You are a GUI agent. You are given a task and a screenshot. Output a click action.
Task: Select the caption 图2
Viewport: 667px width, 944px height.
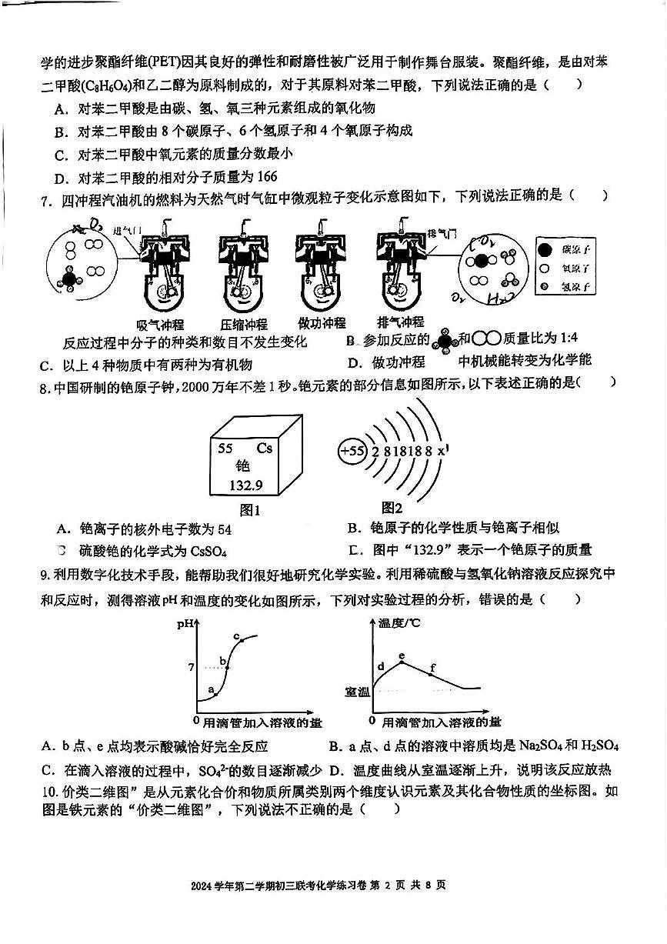tap(392, 508)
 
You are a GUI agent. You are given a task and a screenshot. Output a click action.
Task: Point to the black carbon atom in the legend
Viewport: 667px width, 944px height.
tap(546, 249)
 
